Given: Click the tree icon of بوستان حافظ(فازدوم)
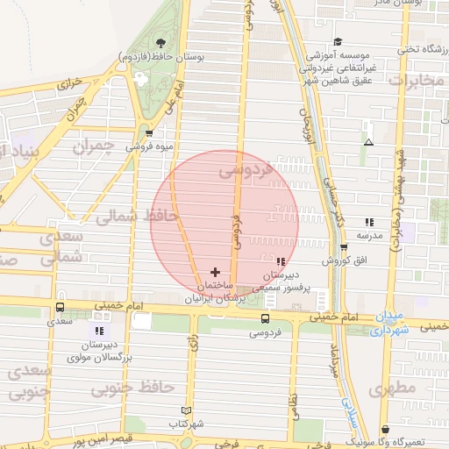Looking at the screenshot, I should pos(160,42).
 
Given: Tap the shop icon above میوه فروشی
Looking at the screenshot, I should pos(149,133).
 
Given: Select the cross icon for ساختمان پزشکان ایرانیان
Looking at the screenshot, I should pos(216,273).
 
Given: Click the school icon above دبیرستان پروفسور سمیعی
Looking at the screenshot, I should pos(280,261).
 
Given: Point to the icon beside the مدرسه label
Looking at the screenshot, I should pos(369,223).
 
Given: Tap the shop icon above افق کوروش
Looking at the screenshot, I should pos(344,248).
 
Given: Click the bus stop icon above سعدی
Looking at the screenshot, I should pos(60,308).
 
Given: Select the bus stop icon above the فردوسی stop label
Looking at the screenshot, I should pos(266,318).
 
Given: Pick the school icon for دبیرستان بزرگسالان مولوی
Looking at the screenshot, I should pos(98,331).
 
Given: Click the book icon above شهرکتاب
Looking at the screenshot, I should pos(185,410).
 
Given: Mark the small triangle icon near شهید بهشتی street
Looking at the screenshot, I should pos(368,142).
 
